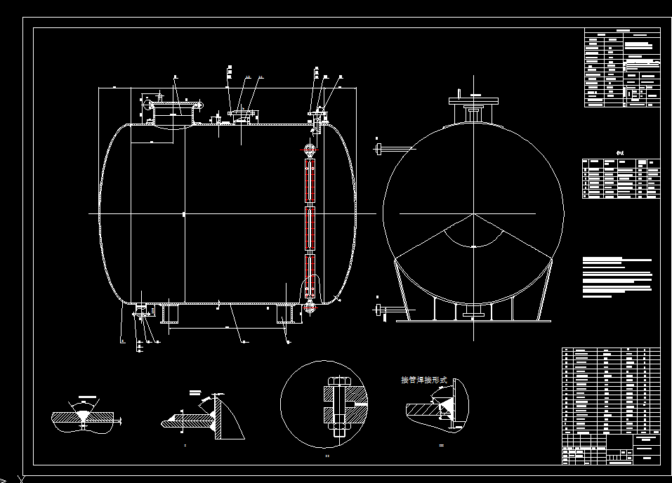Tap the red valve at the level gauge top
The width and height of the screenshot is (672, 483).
pos(310,150)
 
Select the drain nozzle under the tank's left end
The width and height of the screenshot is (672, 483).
pos(140,311)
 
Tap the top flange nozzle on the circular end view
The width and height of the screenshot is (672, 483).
pos(473,109)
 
